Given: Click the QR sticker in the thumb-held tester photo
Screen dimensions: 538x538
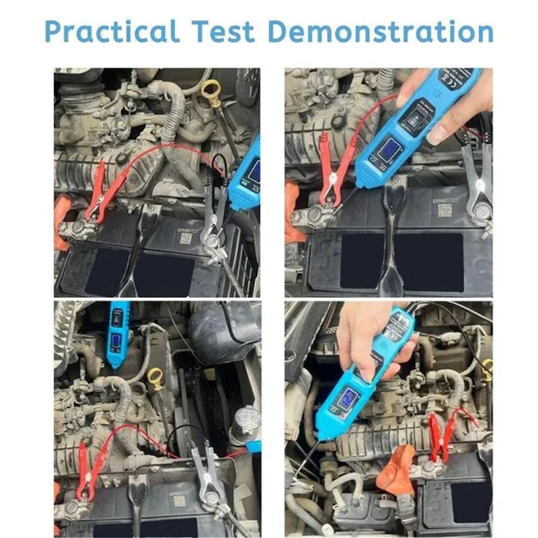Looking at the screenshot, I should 445,210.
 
